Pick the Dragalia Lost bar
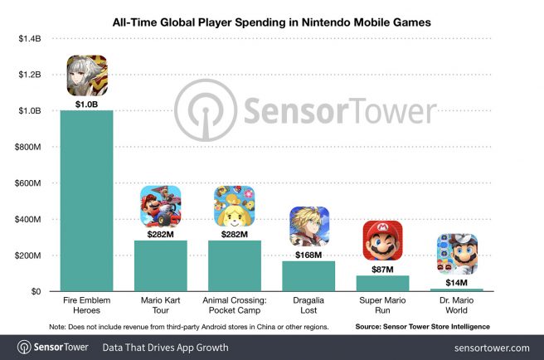308,276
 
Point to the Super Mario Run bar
382,284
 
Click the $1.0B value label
87,103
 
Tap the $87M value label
382,268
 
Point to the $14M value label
456,281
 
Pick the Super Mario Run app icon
382,241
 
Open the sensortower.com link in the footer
492,347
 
